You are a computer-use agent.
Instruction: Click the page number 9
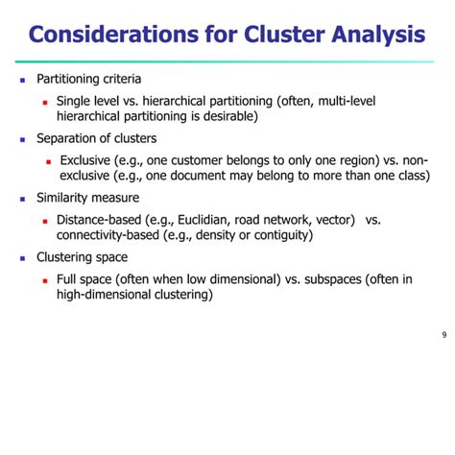pyautogui.click(x=443, y=335)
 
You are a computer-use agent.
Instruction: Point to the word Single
pyautogui.click(x=75, y=101)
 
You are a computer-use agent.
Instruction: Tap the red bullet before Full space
pyautogui.click(x=45, y=280)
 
